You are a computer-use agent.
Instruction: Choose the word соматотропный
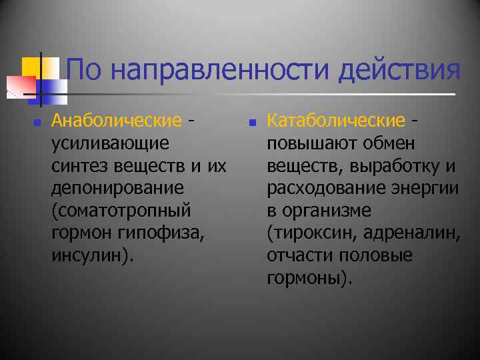point(121,211)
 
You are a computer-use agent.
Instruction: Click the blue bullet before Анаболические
point(37,123)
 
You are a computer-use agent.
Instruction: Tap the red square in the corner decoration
point(20,87)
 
